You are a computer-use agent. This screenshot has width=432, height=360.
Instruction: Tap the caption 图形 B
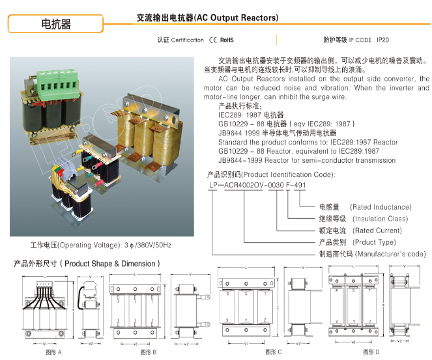(148, 352)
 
